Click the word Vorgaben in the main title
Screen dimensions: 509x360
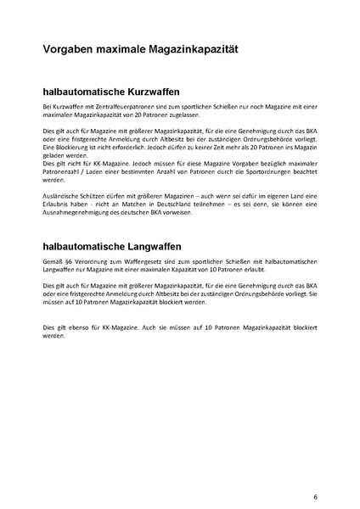coord(70,51)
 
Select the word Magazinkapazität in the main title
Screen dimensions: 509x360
coord(192,51)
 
